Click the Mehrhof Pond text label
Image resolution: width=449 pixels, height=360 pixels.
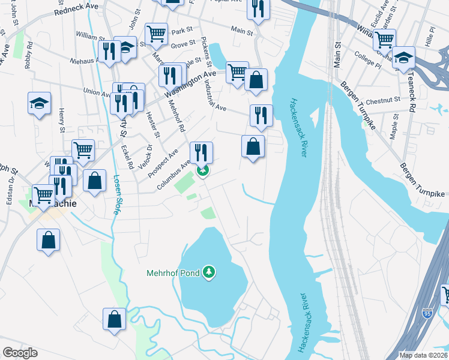[x=173, y=273]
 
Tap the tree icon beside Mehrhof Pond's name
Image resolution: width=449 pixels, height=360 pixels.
[x=209, y=273]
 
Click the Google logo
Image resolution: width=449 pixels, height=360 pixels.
[x=20, y=352]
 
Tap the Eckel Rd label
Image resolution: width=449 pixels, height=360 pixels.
[x=126, y=156]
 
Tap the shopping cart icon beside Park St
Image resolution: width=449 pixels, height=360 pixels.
[x=156, y=34]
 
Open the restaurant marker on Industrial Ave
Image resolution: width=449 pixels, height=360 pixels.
[x=261, y=115]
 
